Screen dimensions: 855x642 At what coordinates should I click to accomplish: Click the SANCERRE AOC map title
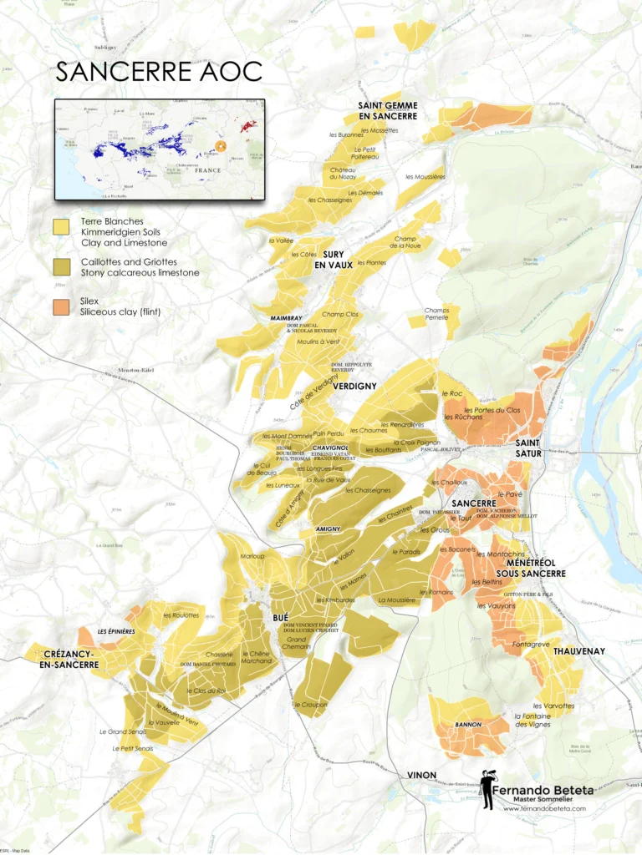tap(159, 72)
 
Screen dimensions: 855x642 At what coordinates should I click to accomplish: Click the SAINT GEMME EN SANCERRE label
tap(388, 111)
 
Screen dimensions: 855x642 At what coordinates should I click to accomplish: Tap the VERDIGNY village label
tap(354, 387)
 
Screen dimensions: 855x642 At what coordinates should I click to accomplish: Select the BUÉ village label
tap(281, 617)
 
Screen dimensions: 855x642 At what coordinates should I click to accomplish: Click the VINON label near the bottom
tap(421, 775)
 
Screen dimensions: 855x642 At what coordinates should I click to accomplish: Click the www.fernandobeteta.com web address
tap(544, 808)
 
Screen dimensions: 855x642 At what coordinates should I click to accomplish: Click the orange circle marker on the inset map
tap(221, 146)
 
